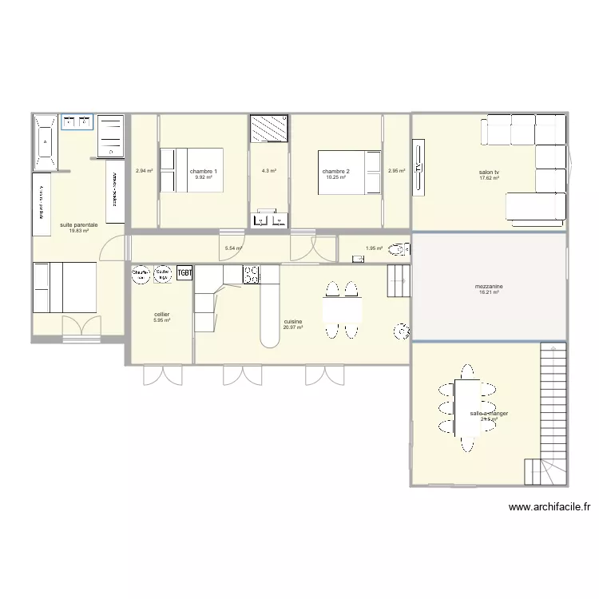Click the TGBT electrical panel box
[185, 273]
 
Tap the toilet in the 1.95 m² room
[401, 248]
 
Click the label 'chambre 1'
[203, 172]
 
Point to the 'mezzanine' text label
[488, 287]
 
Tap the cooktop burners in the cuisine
[252, 276]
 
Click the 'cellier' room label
[161, 315]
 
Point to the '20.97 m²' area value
[292, 327]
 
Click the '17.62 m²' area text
[489, 178]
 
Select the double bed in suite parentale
[64, 289]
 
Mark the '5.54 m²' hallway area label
[232, 248]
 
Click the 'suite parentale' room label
[78, 225]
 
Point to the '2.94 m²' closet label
[144, 171]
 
